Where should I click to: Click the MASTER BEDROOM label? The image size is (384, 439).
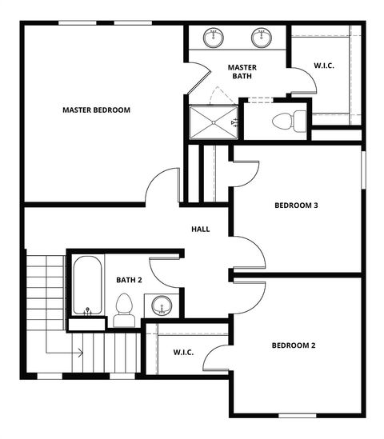point(96,110)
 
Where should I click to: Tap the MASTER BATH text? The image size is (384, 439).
point(241,71)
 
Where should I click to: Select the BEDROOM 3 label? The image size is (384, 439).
point(296,206)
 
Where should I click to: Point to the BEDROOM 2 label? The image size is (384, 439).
point(294,345)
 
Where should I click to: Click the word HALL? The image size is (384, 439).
point(200,229)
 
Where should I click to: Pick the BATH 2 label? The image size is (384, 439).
point(129,280)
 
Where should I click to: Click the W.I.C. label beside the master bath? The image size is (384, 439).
point(324,66)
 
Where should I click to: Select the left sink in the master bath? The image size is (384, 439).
point(214,37)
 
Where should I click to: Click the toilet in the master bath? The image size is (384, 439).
point(289,122)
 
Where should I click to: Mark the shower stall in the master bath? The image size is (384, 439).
point(212,122)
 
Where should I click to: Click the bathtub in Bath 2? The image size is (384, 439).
point(86,285)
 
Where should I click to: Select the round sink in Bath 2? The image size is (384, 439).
point(162,305)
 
